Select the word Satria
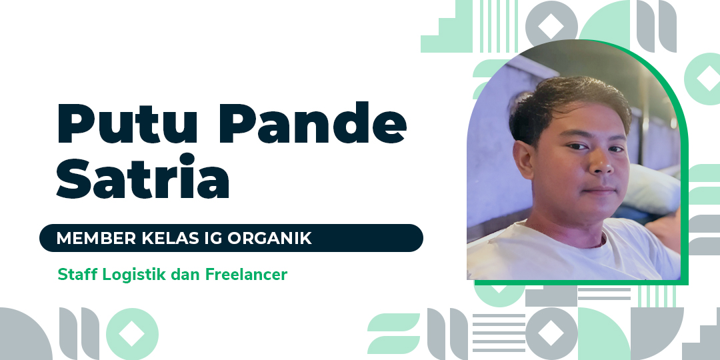[143, 176]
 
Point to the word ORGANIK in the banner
[269, 238]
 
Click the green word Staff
[77, 275]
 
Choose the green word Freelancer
[246, 275]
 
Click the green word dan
[185, 275]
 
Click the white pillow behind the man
[651, 188]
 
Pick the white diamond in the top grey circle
[551, 26]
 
